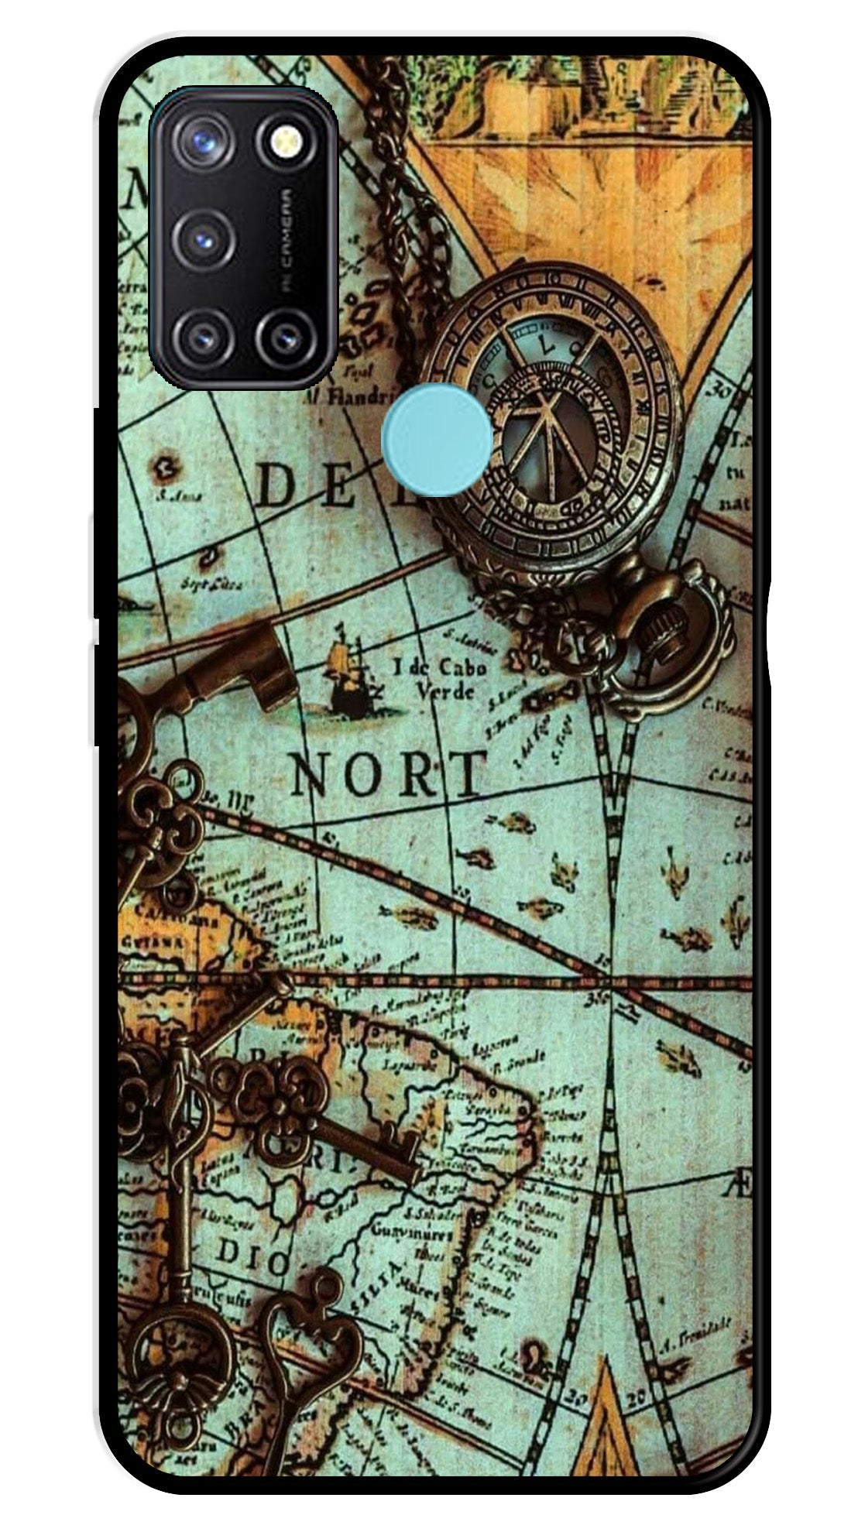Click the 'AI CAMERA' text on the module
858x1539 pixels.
pos(287,238)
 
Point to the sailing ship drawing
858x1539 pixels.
pos(345,678)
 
